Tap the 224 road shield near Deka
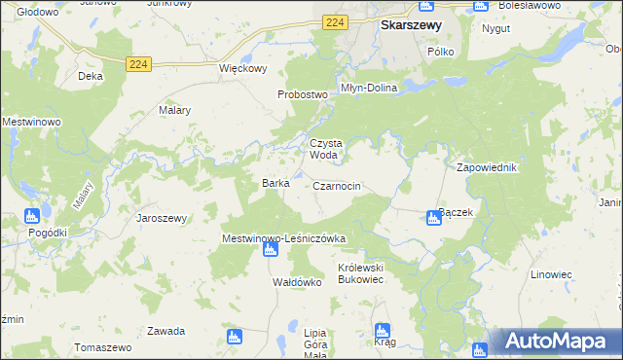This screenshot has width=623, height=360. pos(138,64)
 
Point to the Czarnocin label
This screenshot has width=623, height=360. pos(338,186)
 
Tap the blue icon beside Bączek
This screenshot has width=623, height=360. pos(434,219)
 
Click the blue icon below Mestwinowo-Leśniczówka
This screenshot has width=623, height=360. pos(271,250)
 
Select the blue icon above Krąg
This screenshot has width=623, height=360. pos(383,331)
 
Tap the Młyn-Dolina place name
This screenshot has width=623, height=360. pos(369,88)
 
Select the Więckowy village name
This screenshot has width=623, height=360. pos(242,69)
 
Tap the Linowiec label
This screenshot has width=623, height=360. pos(551,274)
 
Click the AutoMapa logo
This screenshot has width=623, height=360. pos(556,342)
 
